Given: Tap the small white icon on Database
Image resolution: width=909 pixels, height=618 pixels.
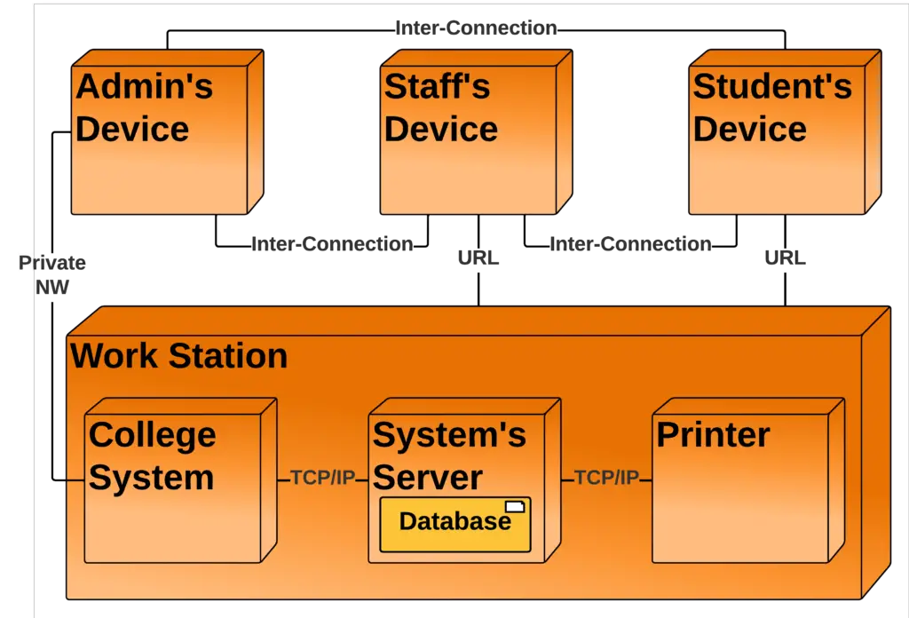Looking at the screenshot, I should point(515,506).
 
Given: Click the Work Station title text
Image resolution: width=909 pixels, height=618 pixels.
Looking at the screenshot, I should point(179,356).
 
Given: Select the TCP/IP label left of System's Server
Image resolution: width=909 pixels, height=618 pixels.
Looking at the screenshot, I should point(322,479).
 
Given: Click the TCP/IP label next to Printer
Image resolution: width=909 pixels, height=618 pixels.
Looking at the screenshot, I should point(606,479).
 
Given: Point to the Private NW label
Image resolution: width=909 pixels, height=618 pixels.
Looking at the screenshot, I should point(52,274).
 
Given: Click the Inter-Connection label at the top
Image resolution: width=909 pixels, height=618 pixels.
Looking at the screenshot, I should point(476,28).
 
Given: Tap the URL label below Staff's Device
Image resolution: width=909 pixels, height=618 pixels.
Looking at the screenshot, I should point(478,258).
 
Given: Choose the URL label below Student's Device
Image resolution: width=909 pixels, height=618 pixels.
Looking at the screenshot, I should point(786,258).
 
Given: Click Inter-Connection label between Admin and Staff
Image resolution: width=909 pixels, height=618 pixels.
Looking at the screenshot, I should point(331,244).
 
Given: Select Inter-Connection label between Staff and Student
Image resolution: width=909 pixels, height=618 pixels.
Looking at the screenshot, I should point(629,244).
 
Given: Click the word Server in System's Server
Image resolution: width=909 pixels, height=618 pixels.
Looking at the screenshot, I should point(427,478).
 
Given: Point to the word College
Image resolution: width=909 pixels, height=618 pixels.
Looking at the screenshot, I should point(152,435).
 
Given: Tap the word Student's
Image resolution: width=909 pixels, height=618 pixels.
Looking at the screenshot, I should point(771,87).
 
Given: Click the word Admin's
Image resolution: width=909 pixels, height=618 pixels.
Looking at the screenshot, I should point(144,87).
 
